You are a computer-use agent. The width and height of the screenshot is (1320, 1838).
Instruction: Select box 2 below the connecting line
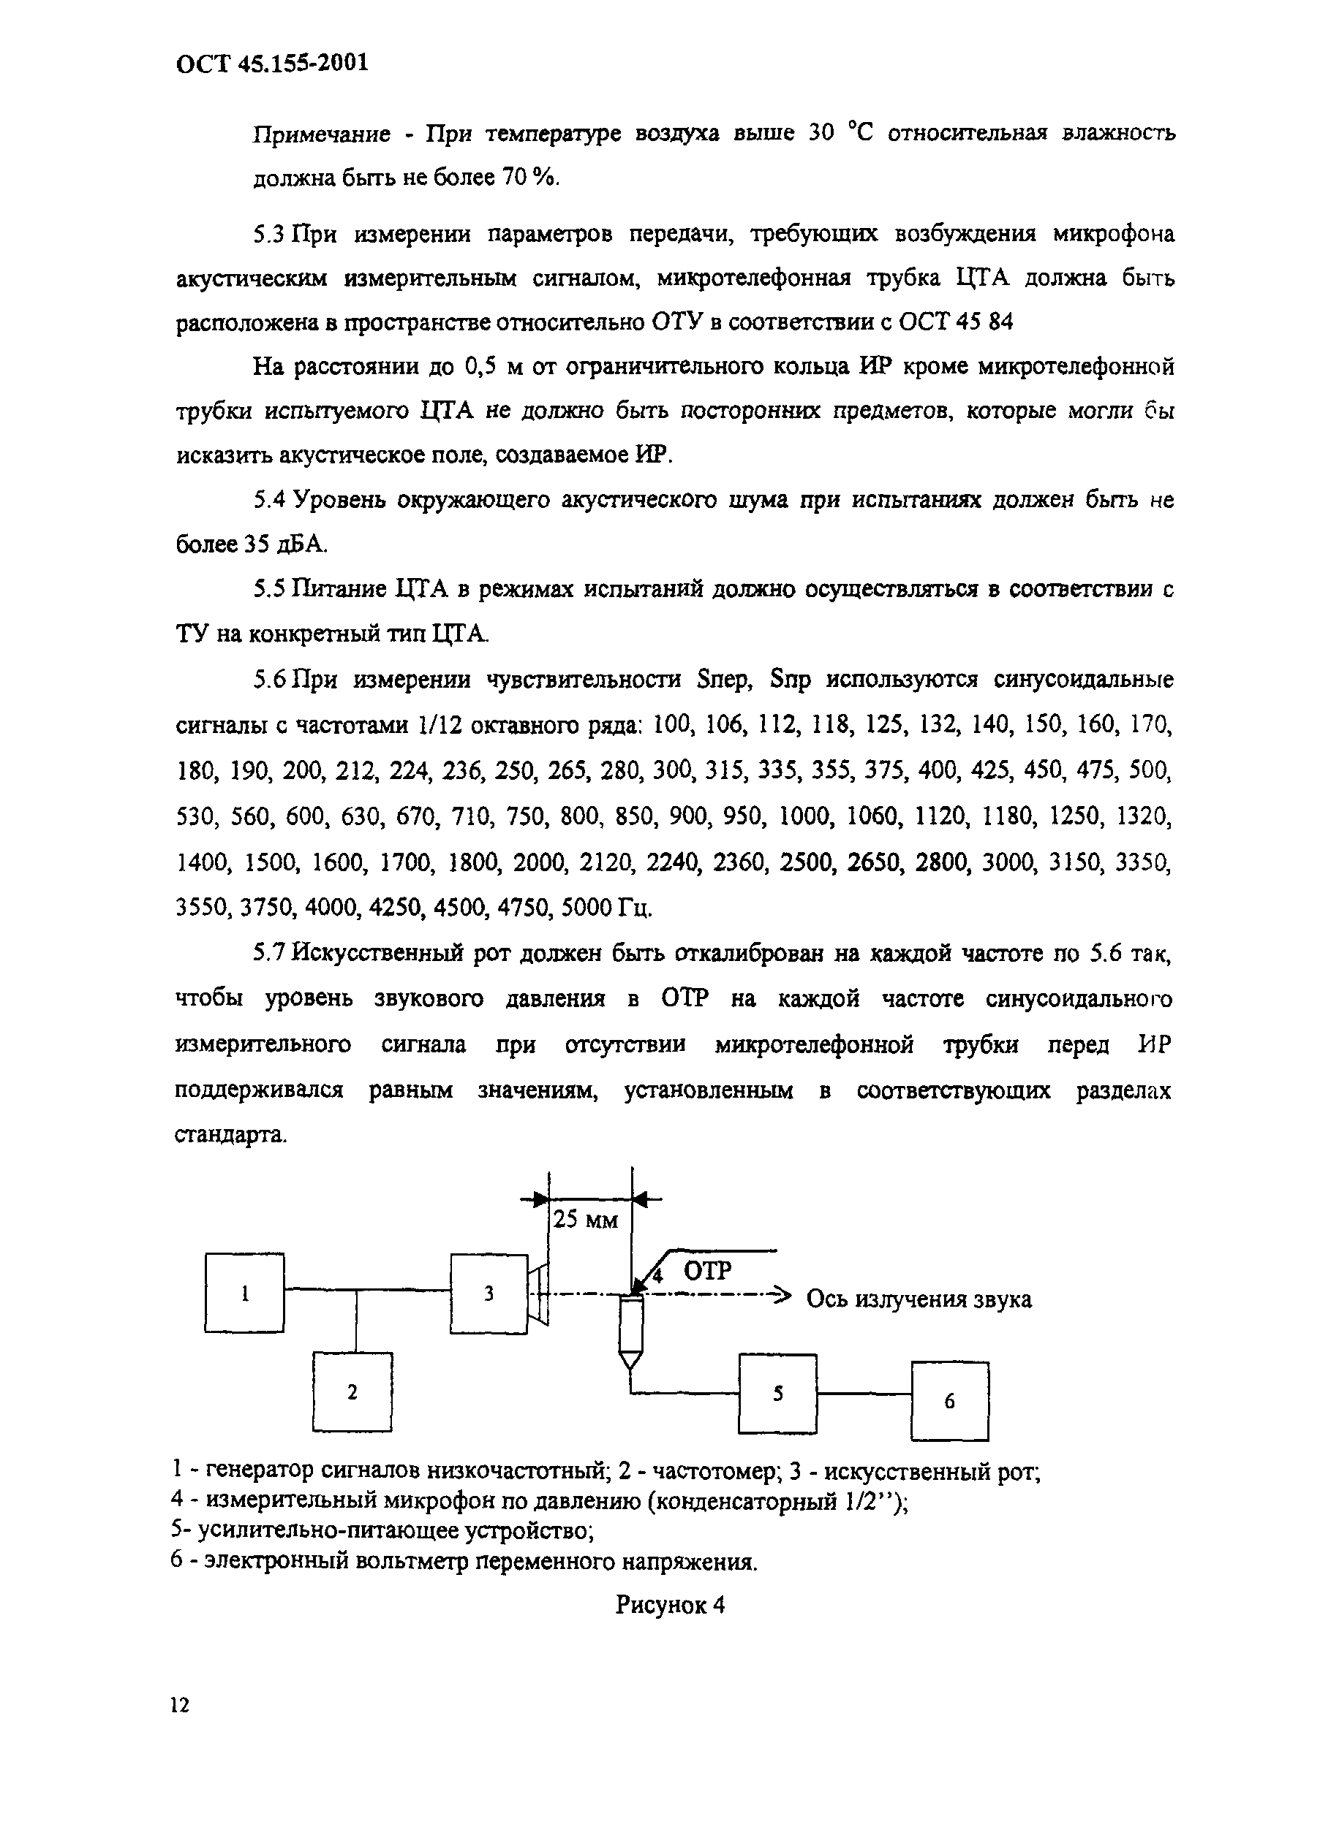[352, 1391]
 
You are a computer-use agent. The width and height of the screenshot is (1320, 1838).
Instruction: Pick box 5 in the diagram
[777, 1393]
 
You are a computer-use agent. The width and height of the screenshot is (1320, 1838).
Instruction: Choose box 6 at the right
[948, 1400]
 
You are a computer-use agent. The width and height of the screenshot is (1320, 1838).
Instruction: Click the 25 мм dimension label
[584, 1220]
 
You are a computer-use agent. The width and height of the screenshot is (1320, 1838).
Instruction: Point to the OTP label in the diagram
[707, 1270]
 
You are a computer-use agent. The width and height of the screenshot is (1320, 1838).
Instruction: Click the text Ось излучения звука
[919, 1299]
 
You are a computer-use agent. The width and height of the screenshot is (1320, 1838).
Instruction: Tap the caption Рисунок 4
[670, 1604]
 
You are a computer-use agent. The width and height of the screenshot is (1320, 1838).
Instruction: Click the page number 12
[180, 1705]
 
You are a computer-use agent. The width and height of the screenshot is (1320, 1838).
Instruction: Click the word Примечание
[322, 134]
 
